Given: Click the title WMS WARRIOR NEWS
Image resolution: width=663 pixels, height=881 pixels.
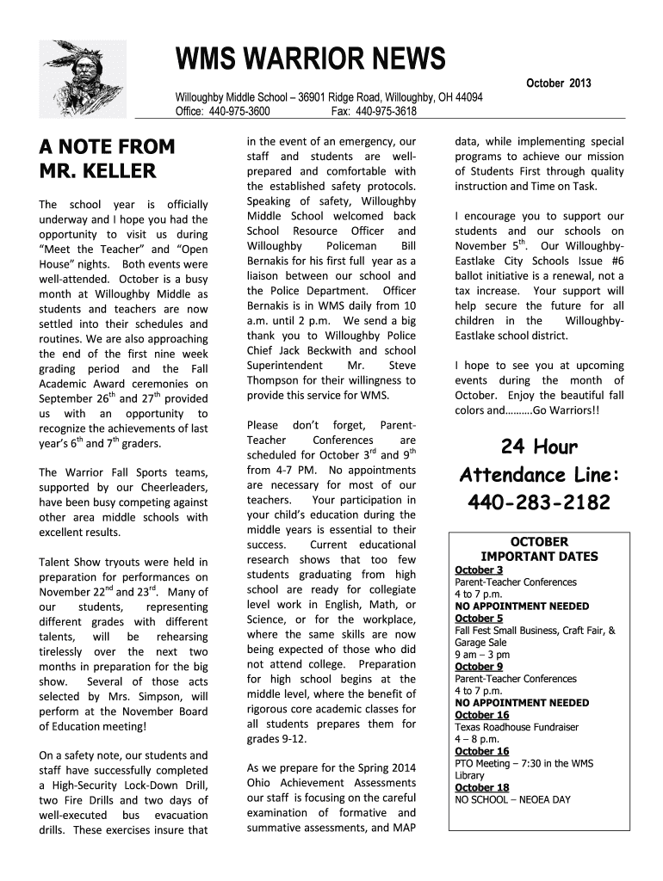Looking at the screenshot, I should coord(311,60).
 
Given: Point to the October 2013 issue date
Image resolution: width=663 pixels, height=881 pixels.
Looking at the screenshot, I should coord(558,84).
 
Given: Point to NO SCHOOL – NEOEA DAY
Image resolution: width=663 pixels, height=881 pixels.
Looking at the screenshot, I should coord(512,799).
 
